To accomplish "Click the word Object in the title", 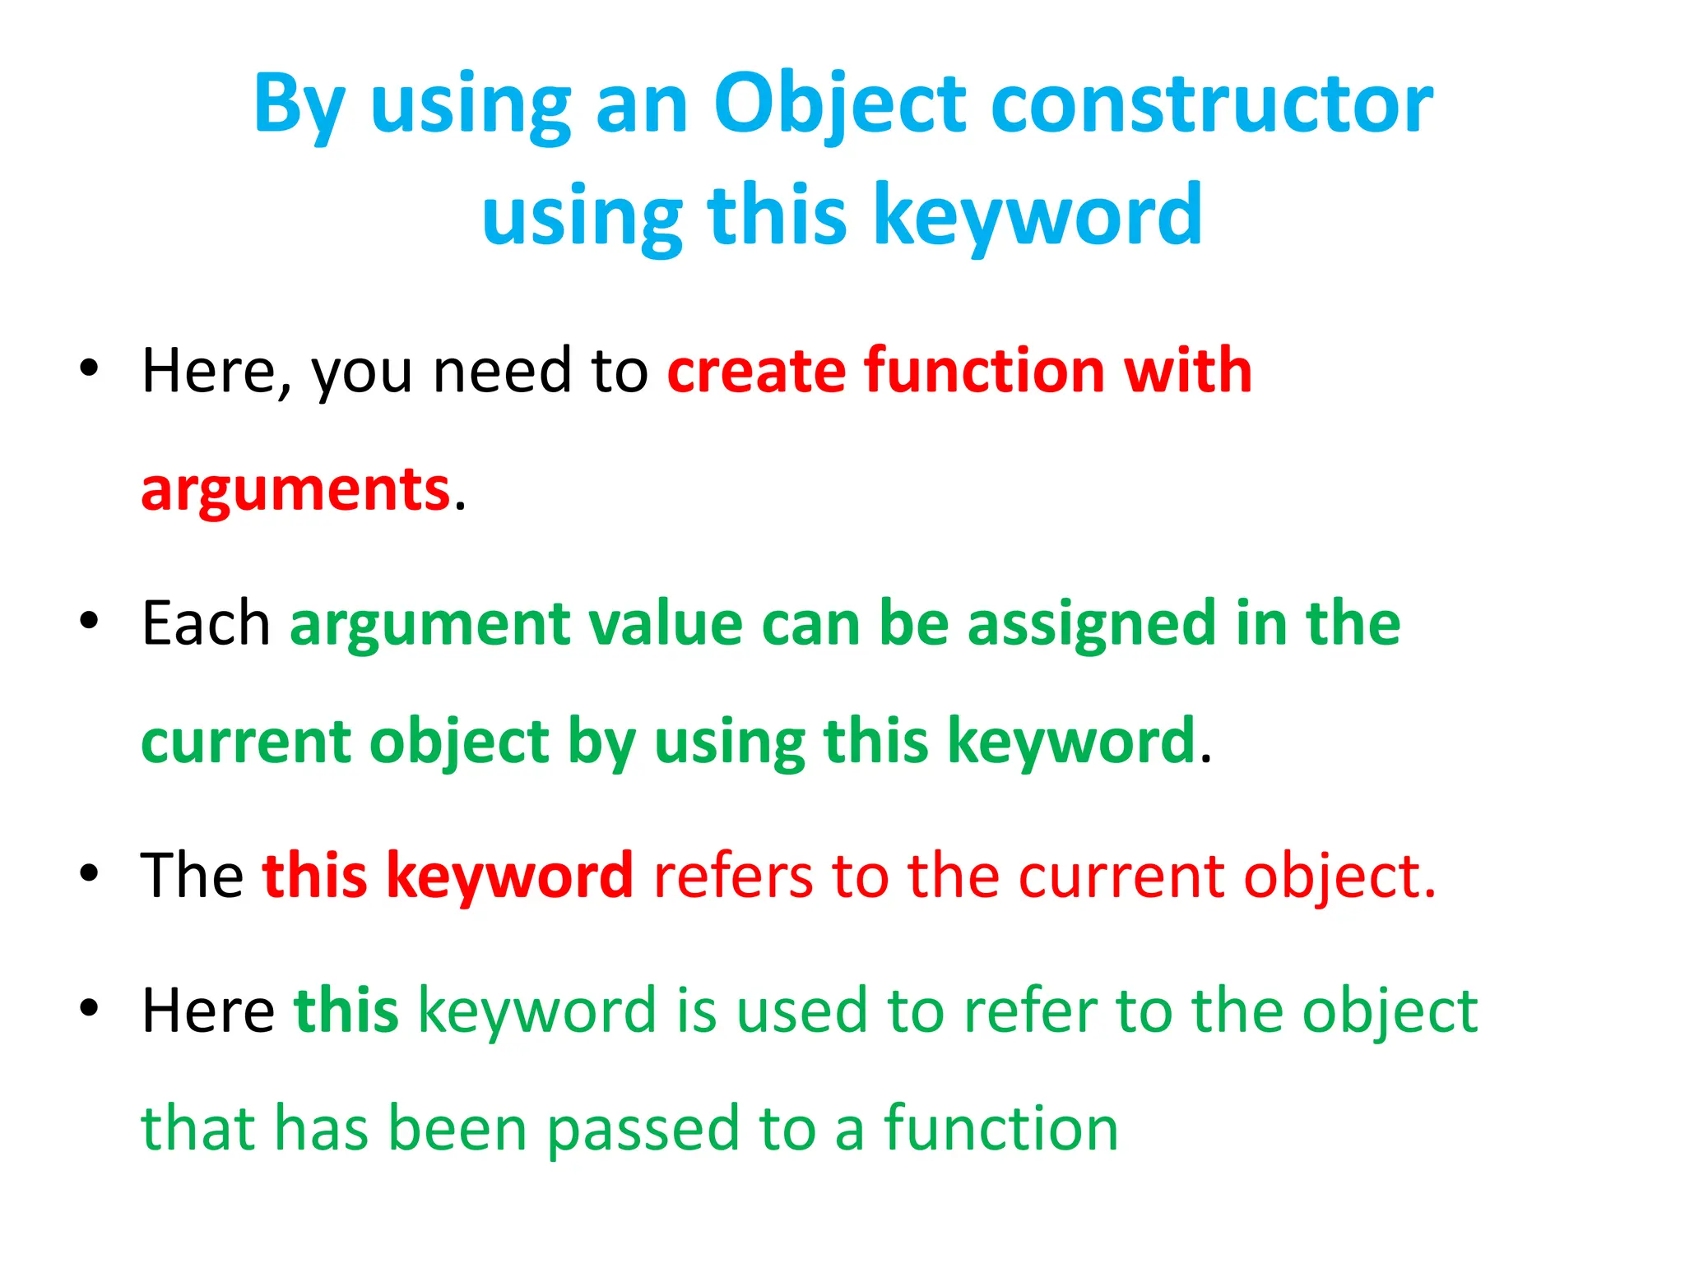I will tap(839, 105).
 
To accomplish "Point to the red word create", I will tap(755, 371).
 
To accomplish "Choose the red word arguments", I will tap(295, 489).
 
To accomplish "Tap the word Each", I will tap(206, 623).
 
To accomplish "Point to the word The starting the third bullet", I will tap(192, 875).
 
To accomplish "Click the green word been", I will tap(457, 1128).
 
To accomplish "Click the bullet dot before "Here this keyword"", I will tap(89, 1006).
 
